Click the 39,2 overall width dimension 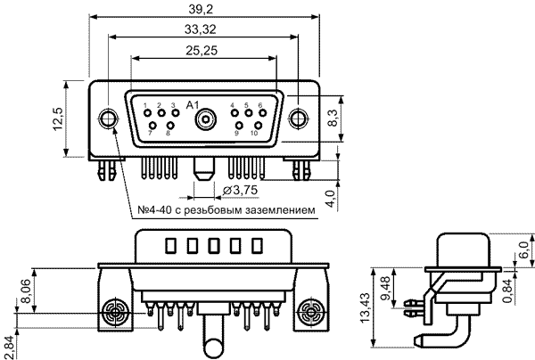201,9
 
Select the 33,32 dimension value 201,29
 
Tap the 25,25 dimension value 202,51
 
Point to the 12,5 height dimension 58,119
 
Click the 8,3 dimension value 333,118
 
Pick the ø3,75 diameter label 240,190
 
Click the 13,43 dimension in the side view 365,307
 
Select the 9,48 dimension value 386,288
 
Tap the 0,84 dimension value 507,290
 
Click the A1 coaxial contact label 193,105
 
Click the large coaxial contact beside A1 206,119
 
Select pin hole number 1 147,113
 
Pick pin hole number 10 259,126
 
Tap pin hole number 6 263,112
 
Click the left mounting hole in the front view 108,119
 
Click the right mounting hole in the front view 298,119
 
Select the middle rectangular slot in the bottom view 214,245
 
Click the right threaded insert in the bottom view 310,312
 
